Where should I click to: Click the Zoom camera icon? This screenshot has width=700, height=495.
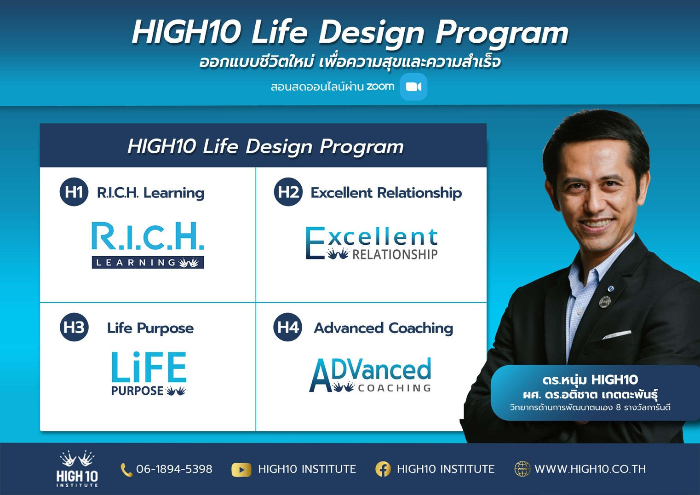click(413, 86)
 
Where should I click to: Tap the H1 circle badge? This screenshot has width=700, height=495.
click(74, 192)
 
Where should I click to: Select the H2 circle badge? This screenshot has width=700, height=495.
click(288, 192)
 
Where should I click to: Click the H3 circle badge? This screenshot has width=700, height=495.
click(74, 327)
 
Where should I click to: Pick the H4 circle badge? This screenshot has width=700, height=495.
click(288, 327)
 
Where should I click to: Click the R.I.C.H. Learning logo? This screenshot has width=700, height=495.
click(148, 245)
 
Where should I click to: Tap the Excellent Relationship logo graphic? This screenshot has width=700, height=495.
click(372, 243)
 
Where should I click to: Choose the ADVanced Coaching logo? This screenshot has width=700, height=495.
click(370, 374)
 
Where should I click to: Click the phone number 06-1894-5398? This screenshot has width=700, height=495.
click(174, 469)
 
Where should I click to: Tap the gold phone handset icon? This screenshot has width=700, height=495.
click(126, 470)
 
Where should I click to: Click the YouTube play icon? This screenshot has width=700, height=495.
click(241, 470)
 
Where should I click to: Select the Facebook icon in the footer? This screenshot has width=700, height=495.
click(383, 469)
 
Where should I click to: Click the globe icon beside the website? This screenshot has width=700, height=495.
click(522, 469)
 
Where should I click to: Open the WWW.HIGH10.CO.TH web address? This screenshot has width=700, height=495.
click(590, 469)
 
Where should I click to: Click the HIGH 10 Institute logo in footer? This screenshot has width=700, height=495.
click(77, 468)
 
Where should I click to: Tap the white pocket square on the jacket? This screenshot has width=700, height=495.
click(617, 335)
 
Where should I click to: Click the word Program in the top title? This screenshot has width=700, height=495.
click(502, 34)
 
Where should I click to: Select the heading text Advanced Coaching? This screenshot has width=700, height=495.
click(384, 328)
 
